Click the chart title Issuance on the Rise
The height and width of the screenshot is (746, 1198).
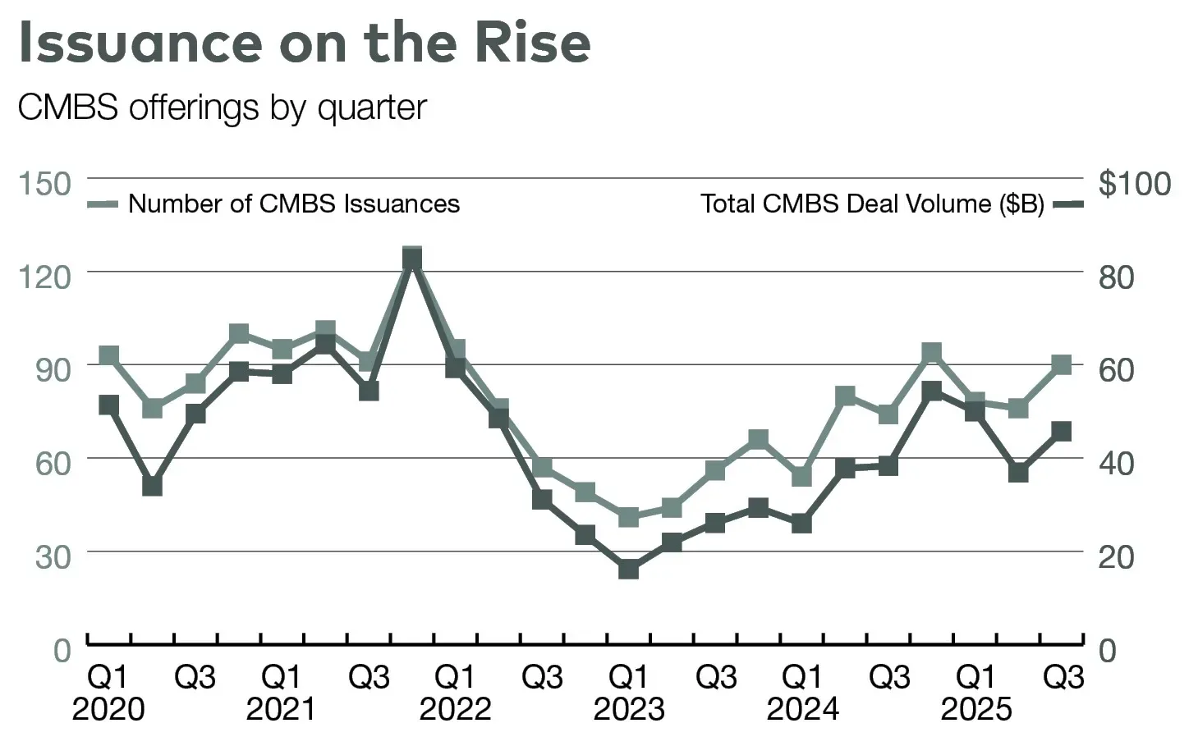[x=304, y=43]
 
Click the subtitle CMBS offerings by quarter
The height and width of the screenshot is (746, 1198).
[x=222, y=108]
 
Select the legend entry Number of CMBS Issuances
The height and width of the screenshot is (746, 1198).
[x=293, y=204]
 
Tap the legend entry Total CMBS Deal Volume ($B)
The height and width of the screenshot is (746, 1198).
[x=872, y=204]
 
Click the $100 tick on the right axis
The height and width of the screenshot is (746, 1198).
[x=1135, y=183]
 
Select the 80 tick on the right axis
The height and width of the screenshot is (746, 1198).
[x=1116, y=277]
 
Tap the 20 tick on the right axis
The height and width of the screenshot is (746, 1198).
[x=1116, y=556]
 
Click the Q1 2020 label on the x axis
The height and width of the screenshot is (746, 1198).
[x=108, y=693]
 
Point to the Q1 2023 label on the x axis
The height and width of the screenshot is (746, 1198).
[x=629, y=693]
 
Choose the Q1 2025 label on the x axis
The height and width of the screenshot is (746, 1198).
[x=976, y=693]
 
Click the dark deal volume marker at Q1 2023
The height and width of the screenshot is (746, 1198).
[x=629, y=569]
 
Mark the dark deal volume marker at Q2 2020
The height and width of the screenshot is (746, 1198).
[x=152, y=486]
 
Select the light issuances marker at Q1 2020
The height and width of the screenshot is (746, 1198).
[x=108, y=355]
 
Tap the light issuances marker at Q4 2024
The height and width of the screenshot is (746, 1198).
[x=931, y=354]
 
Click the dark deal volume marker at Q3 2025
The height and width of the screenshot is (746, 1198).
[x=1062, y=432]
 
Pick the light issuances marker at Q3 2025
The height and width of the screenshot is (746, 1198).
[x=1062, y=364]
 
